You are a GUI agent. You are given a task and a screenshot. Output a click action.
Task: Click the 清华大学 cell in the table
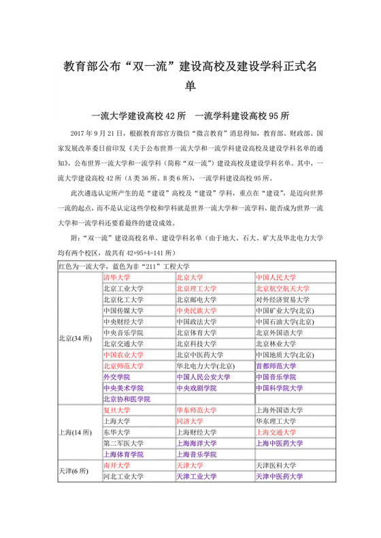(116, 278)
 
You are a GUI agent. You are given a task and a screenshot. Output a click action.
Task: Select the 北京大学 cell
(190, 278)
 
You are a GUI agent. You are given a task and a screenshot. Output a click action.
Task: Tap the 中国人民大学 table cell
(276, 278)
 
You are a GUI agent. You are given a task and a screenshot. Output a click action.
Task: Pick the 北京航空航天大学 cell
(282, 289)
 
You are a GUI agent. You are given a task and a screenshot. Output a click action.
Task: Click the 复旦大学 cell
(116, 410)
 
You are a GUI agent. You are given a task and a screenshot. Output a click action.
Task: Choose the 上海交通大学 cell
(276, 432)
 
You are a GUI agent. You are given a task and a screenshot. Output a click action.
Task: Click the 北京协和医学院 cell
(127, 399)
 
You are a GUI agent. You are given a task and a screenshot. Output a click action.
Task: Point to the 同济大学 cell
(190, 421)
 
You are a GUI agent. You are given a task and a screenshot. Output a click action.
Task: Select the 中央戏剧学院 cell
(197, 388)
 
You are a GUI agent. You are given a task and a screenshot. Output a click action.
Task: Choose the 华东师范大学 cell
(197, 410)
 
